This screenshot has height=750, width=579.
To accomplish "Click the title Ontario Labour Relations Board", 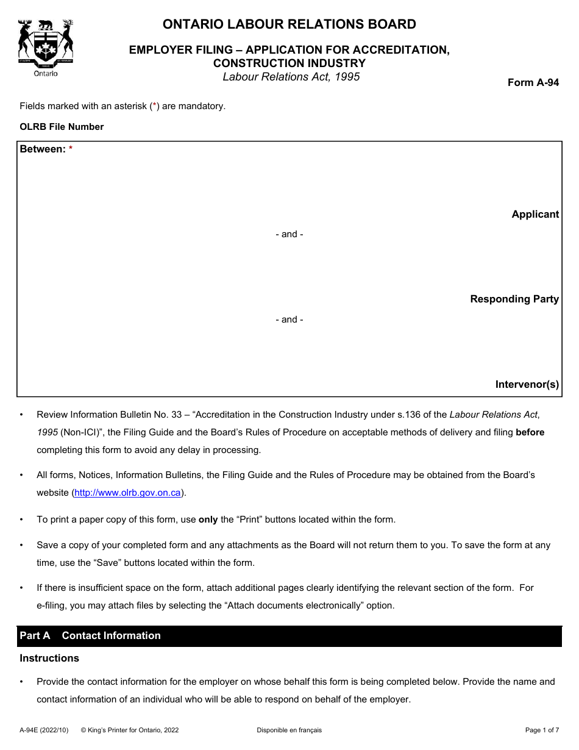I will (289, 24).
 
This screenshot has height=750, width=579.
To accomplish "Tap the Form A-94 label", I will (533, 83).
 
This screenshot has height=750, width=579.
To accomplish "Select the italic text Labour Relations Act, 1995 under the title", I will (291, 77).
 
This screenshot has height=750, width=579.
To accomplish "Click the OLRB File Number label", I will (62, 127).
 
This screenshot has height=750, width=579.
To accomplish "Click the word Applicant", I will (535, 214).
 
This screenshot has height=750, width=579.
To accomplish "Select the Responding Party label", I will (514, 299).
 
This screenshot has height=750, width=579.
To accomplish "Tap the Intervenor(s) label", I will (527, 384).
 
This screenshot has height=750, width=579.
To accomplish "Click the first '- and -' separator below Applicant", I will (289, 234).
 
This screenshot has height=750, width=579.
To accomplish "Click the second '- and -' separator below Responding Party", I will (289, 320).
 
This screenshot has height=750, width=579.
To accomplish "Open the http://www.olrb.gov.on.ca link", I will (127, 493).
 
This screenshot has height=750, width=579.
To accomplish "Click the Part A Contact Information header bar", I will (289, 635).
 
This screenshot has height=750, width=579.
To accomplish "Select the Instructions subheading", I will (49, 658).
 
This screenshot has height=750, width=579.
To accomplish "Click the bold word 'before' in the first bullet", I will (530, 432).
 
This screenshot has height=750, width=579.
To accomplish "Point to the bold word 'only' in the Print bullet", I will (208, 520).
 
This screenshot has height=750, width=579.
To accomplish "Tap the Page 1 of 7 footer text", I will (541, 730).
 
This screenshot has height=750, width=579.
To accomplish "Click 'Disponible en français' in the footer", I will (289, 730).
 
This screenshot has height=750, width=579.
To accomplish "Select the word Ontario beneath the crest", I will (46, 73).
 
